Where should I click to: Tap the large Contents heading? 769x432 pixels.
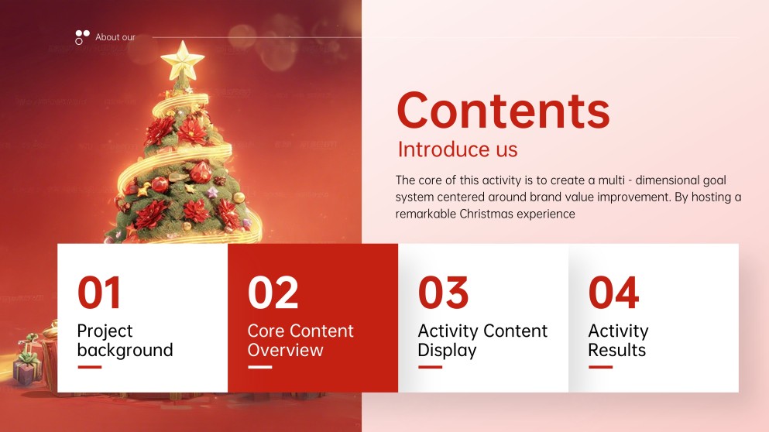[503, 110]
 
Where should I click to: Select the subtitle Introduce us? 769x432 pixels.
[457, 149]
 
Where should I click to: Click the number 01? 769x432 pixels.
[99, 293]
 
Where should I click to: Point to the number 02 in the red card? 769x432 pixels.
[273, 293]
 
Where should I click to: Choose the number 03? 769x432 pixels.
[443, 293]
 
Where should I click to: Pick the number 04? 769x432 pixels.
[613, 293]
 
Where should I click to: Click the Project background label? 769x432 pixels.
[125, 341]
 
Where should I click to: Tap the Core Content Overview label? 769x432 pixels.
[300, 341]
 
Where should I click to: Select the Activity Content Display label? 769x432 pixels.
[482, 341]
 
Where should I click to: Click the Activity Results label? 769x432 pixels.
[618, 341]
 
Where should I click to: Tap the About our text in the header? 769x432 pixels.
[115, 37]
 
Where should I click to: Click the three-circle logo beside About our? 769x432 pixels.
[82, 36]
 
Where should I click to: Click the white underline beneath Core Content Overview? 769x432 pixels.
[259, 367]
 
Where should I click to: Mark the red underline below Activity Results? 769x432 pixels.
[600, 367]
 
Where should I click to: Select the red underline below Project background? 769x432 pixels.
[89, 367]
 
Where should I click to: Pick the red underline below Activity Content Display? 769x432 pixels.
[430, 367]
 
